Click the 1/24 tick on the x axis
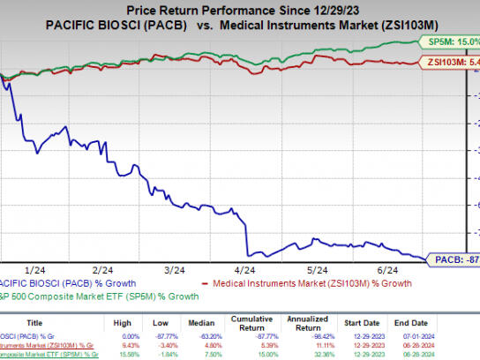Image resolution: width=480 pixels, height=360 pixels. coord(36,268)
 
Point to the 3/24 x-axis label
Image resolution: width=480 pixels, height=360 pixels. coord(174,268)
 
